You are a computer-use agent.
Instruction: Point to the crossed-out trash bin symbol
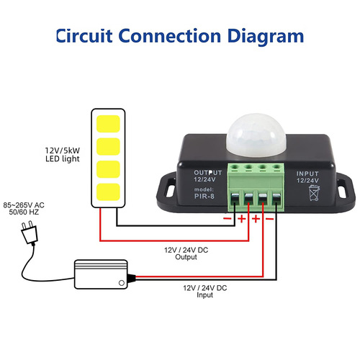coord(312,193)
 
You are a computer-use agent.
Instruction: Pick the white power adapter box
coord(101,272)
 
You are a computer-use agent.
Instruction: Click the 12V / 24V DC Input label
coord(204,290)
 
